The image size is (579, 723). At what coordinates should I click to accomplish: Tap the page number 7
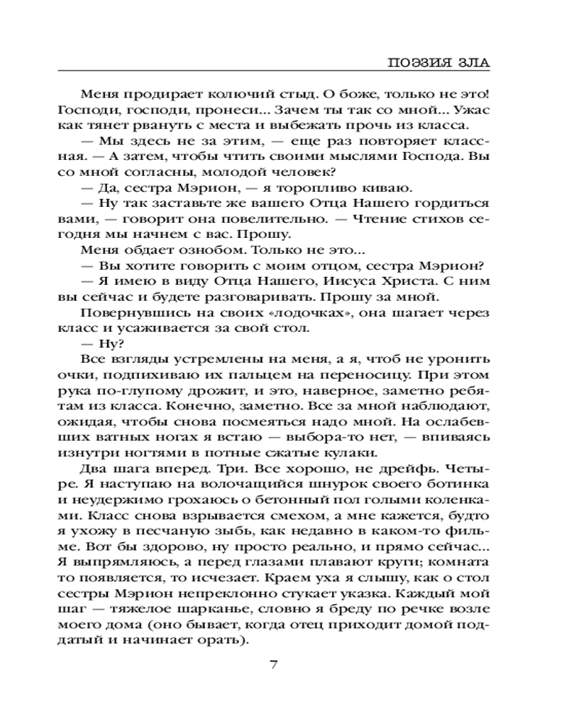point(273,665)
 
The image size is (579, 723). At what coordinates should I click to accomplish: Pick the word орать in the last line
point(222,641)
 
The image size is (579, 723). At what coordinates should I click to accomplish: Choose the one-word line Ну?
point(94,343)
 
